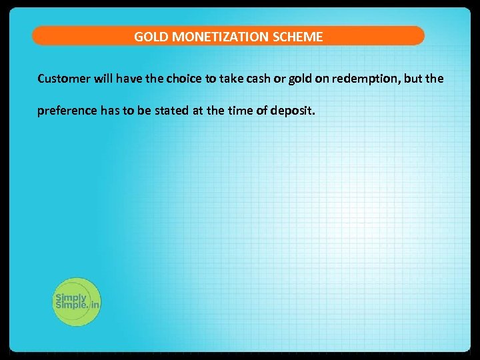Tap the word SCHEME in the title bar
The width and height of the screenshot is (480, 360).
297,37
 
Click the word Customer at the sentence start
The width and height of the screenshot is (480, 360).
62,79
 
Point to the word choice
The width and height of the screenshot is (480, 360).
182,79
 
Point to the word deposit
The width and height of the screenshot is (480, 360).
291,111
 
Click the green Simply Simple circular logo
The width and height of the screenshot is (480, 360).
76,301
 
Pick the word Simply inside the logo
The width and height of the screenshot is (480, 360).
70,298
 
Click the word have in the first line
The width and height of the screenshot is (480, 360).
130,79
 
